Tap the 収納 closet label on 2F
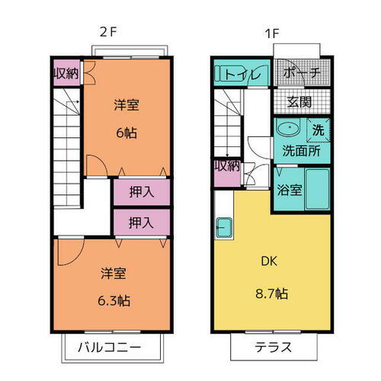tap(66, 75)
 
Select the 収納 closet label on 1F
tap(227, 166)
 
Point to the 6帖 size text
tap(126, 133)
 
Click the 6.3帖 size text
tap(114, 300)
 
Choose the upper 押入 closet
tap(141, 192)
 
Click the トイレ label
tap(244, 75)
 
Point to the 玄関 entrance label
tap(298, 102)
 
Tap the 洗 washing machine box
tap(319, 130)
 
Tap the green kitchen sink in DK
tap(225, 227)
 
